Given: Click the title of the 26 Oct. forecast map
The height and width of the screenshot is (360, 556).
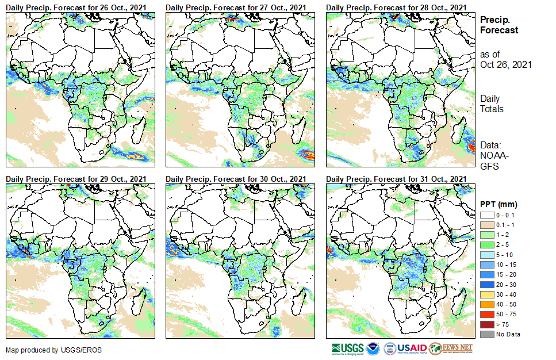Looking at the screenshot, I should [x=76, y=7].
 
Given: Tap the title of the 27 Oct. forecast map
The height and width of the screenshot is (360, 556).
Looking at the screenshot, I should [x=236, y=7].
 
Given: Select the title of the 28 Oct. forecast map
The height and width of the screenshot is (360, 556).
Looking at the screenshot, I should [x=396, y=7].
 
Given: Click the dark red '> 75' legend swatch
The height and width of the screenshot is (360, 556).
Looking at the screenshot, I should [x=486, y=325].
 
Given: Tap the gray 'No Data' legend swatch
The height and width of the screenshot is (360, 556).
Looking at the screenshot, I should [x=486, y=334].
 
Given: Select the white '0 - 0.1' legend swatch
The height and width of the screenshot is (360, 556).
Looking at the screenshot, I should [x=486, y=215].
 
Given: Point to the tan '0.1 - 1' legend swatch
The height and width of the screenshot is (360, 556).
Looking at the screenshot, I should [x=486, y=224].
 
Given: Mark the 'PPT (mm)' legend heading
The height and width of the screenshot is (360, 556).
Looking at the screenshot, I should [x=499, y=205].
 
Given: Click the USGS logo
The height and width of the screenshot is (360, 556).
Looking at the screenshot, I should [x=347, y=348].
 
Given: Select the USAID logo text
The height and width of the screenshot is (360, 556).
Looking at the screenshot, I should [x=412, y=348].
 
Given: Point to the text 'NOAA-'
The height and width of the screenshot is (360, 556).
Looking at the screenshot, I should [x=492, y=156].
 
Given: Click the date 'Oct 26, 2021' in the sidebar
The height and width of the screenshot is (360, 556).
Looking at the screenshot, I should [x=505, y=64].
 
